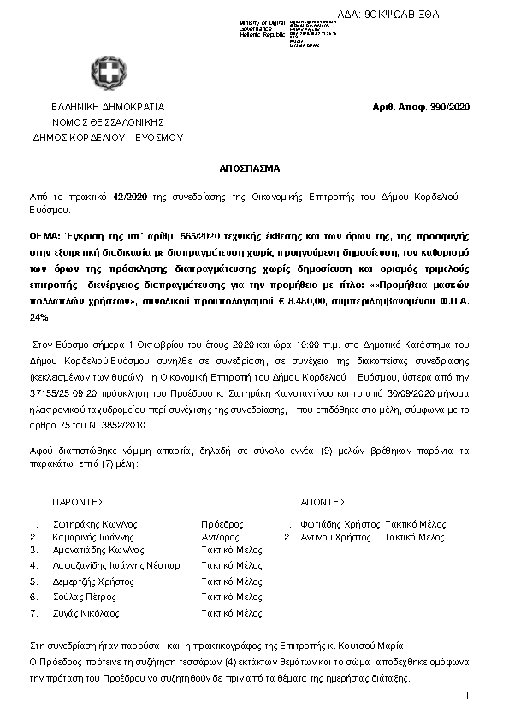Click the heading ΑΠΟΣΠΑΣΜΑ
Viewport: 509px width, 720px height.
tap(253, 169)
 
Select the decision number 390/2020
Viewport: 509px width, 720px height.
tap(452, 108)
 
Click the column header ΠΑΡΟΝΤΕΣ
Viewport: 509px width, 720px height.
tap(78, 502)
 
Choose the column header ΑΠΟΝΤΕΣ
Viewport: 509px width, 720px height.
tap(323, 502)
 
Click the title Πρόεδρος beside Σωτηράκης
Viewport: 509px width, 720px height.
tap(222, 524)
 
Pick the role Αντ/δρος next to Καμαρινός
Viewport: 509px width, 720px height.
tap(221, 537)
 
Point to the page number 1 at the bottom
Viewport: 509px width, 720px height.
tap(468, 696)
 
